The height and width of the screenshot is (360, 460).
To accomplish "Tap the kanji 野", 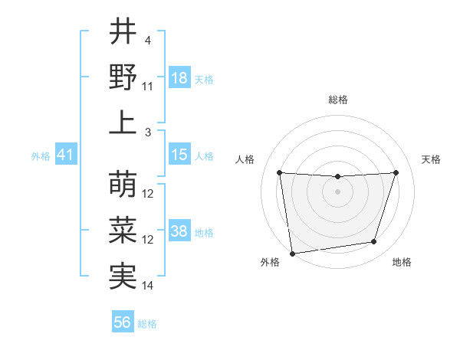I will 123,77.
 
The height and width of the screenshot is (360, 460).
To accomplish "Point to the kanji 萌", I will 123,185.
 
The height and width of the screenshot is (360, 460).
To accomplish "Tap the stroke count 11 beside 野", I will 148,87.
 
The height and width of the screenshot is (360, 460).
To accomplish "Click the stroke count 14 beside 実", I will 148,286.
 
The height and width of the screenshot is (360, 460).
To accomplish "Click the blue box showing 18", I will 179,78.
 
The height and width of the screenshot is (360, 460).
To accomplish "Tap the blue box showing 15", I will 179,155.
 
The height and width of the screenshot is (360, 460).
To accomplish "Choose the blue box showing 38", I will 179,231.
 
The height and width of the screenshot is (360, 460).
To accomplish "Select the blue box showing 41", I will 65,155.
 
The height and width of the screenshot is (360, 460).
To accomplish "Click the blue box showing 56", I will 122,323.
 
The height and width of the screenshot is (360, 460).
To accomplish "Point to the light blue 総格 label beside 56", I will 147,324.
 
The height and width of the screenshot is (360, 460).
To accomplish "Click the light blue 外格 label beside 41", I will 41,156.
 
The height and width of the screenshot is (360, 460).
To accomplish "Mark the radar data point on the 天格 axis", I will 396,172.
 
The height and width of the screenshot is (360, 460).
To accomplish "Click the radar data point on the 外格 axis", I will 292,253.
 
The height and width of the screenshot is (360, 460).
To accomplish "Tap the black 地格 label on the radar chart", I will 402,263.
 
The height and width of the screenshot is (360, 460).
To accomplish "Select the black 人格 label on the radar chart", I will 245,159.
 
